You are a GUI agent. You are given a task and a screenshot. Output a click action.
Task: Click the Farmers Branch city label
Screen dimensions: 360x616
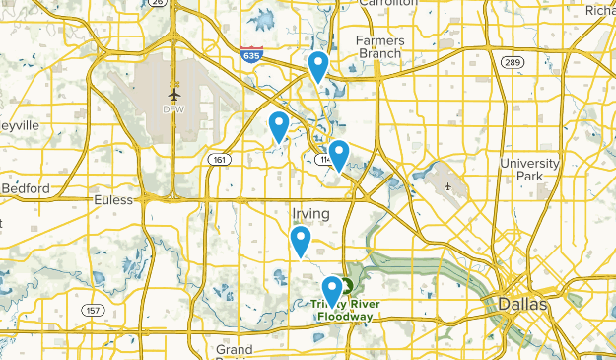(x=379, y=47)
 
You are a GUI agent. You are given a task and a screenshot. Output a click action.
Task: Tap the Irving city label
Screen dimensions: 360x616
(x=310, y=212)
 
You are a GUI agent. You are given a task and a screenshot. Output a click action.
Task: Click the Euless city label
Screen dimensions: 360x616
(x=111, y=199)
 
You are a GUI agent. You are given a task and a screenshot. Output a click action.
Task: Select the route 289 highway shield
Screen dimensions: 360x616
(x=512, y=62)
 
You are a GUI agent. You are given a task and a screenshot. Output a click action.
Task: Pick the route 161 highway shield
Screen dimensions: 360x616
(x=218, y=159)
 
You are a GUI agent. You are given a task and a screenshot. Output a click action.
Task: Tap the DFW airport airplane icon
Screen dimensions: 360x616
(x=175, y=94)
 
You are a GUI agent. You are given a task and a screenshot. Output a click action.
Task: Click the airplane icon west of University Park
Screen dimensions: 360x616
(x=448, y=185)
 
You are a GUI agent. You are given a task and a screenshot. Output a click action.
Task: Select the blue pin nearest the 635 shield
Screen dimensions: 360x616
(x=317, y=67)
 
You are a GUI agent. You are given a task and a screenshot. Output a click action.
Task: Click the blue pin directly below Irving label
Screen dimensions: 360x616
(x=301, y=242)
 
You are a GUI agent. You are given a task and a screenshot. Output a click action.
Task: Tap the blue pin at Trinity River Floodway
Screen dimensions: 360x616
(x=332, y=291)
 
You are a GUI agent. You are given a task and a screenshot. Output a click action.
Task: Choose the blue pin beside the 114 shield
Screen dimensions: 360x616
(x=339, y=156)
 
